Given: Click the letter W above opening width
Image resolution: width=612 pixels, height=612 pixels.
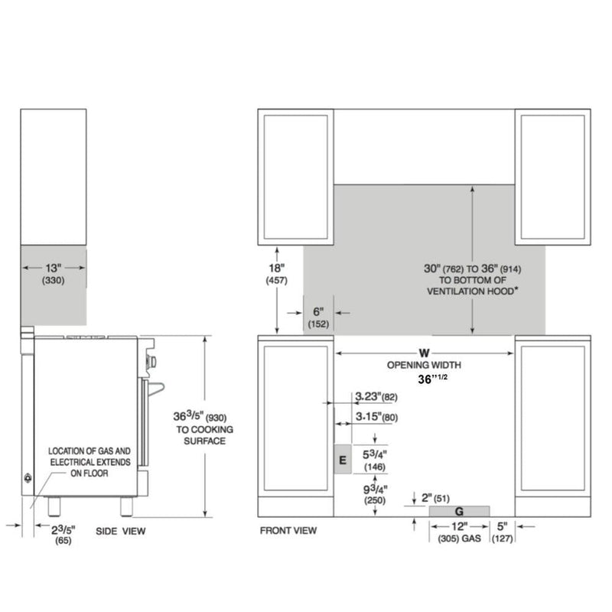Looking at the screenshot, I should click(423, 353).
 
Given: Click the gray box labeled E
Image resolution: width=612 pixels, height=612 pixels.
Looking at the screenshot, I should click(342, 459).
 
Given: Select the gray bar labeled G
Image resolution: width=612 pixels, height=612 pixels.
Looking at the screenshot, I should click(459, 510).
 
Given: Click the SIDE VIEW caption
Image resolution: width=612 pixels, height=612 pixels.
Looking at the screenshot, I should click(120, 530).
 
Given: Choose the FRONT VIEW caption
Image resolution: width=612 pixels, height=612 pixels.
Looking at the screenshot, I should click(288, 530).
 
